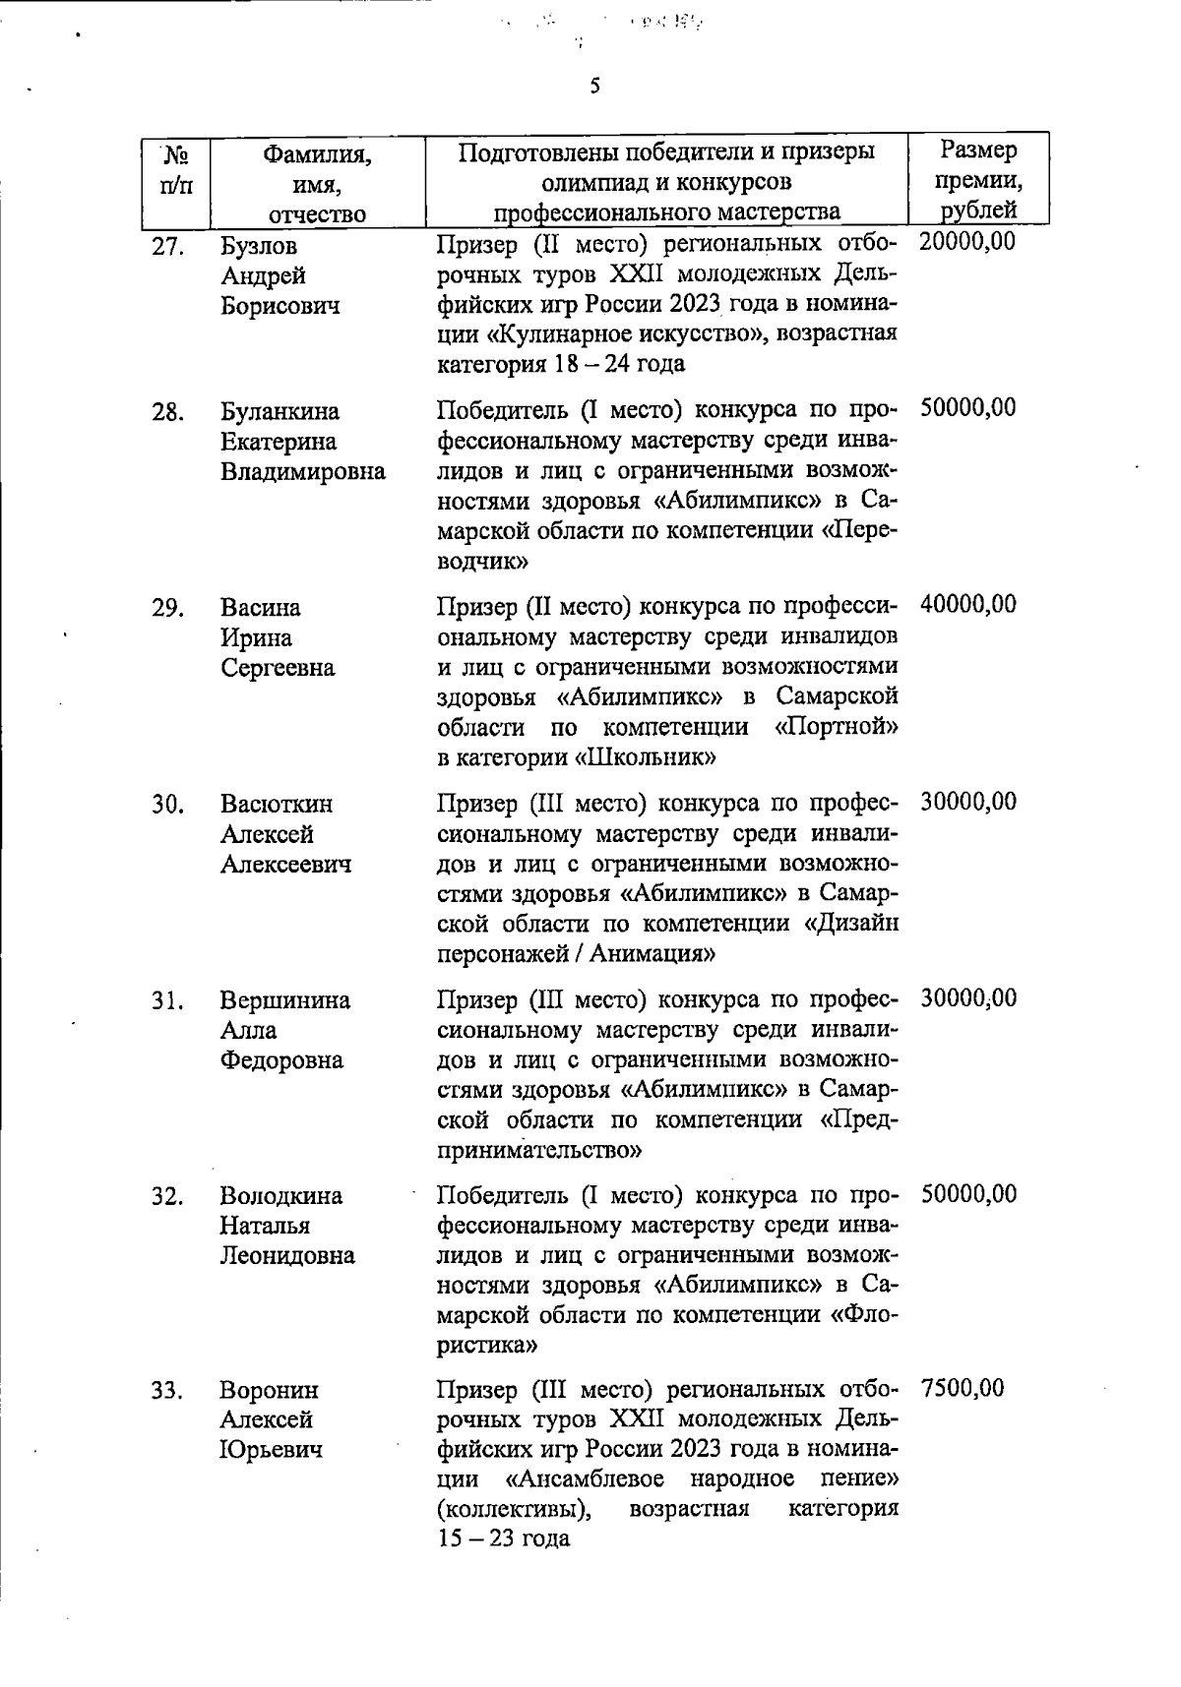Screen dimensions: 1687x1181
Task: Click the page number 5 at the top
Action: [594, 87]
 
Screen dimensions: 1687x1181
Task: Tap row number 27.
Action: [169, 246]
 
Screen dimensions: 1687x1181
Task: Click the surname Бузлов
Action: [259, 246]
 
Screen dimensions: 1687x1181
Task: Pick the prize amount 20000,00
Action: [968, 242]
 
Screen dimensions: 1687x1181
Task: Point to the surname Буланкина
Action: [280, 411]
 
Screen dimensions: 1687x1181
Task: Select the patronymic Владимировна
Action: [302, 471]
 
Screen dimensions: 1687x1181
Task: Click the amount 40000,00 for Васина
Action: [968, 605]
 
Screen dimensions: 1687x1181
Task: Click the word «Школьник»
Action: [645, 757]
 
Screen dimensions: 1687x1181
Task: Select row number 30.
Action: [169, 805]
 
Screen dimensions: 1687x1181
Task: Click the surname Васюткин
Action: [277, 805]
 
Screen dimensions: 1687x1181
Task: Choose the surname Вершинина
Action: [285, 1000]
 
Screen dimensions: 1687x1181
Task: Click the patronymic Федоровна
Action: [281, 1060]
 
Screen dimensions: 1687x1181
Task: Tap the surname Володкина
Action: [281, 1196]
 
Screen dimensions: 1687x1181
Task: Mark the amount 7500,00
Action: [963, 1389]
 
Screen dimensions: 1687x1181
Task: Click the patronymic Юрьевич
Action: [271, 1450]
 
